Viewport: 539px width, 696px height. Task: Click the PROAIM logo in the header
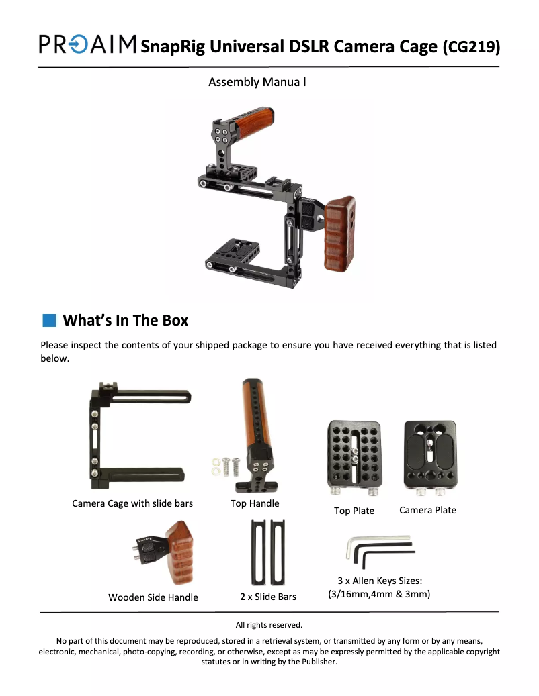coord(88,44)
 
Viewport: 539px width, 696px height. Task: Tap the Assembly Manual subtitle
coord(257,82)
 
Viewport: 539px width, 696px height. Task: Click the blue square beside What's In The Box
coord(48,320)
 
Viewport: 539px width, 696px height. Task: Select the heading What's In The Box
coord(125,320)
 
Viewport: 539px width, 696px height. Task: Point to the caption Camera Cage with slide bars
coord(132,503)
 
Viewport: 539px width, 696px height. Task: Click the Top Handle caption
coord(255,503)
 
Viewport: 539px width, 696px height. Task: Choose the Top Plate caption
coord(354,511)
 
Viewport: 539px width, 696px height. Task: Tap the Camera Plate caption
coord(427,510)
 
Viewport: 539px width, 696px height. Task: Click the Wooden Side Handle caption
coord(153,597)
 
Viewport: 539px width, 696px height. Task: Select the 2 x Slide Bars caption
coord(268,596)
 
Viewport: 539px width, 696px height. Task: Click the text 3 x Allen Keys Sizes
coord(379,581)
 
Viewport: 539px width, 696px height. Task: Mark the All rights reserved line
coord(269,625)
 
